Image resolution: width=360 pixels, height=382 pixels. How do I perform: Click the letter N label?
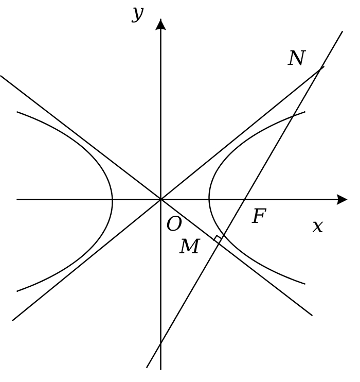[296, 58]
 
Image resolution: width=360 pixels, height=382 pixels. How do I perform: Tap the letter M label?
[190, 246]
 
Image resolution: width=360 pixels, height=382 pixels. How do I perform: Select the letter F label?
[259, 216]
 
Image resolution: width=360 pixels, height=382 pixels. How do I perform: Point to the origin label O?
[174, 224]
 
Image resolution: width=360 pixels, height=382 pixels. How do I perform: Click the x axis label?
[318, 227]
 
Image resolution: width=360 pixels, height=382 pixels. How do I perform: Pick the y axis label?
[138, 14]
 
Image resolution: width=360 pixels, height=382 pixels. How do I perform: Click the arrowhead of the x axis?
[342, 200]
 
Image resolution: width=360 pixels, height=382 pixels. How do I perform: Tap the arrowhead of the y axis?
[160, 24]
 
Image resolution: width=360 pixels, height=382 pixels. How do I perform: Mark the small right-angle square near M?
[218, 239]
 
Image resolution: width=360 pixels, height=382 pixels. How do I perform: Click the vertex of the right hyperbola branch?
[209, 200]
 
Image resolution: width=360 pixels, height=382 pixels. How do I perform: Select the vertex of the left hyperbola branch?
[112, 200]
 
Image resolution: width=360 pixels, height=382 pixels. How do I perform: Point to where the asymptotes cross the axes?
[160, 200]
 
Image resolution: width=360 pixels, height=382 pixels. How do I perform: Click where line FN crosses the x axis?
[244, 200]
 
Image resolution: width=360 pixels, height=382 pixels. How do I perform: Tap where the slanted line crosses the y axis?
[160, 344]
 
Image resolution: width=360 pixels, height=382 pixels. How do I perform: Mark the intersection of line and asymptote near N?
[319, 71]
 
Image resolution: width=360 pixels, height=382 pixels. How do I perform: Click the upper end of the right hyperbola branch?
[305, 112]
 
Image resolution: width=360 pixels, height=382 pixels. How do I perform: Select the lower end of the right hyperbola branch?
[305, 284]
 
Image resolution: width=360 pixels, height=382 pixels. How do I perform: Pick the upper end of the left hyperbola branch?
[17, 112]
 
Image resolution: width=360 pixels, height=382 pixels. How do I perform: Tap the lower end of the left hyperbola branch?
[17, 291]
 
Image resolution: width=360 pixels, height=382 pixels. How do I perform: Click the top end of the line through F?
[342, 31]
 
